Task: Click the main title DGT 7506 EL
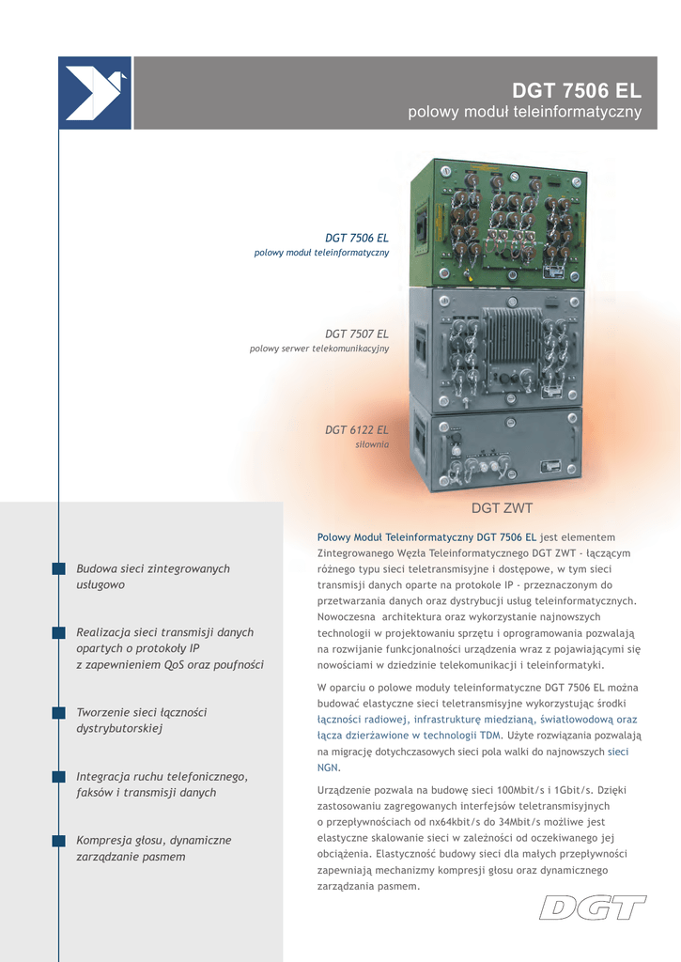pyautogui.click(x=576, y=91)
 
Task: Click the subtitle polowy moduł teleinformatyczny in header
pyautogui.click(x=524, y=113)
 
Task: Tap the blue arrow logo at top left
pyautogui.click(x=94, y=93)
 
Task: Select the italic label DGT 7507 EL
pyautogui.click(x=356, y=334)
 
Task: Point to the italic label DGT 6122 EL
pyautogui.click(x=356, y=429)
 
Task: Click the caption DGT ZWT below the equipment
pyautogui.click(x=502, y=508)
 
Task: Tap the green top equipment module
pyautogui.click(x=498, y=223)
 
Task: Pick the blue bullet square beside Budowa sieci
pyautogui.click(x=59, y=568)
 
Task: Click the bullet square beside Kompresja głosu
pyautogui.click(x=59, y=840)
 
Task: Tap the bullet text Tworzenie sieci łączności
pyautogui.click(x=141, y=712)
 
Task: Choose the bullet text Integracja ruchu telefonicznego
pyautogui.click(x=162, y=776)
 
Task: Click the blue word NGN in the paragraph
pyautogui.click(x=328, y=768)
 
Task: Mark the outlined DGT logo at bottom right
pyautogui.click(x=593, y=908)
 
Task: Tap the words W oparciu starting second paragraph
pyautogui.click(x=343, y=687)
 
